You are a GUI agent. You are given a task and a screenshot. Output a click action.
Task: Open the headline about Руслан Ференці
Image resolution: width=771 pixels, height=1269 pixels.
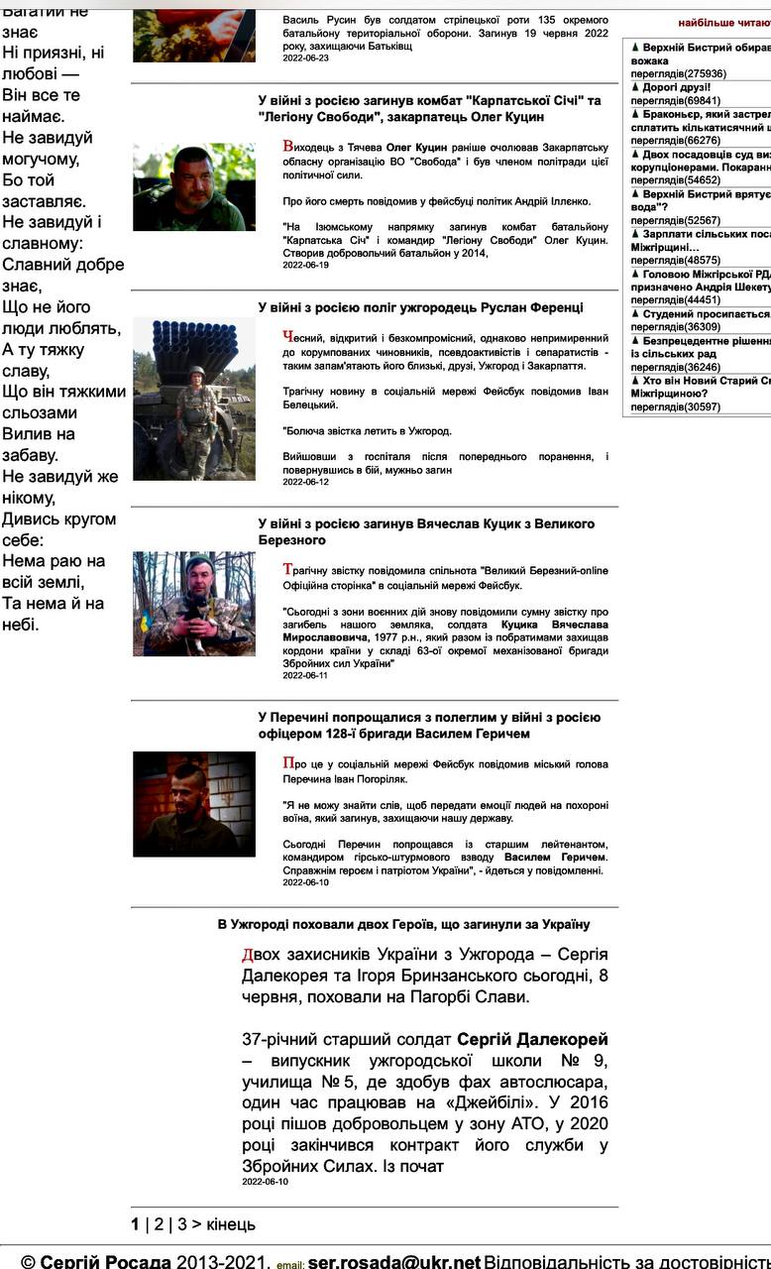coord(420,308)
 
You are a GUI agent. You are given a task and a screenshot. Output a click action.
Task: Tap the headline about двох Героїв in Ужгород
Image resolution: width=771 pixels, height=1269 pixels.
coord(403,924)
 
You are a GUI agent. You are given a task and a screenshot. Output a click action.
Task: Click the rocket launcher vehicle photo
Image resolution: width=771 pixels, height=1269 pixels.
coord(194,399)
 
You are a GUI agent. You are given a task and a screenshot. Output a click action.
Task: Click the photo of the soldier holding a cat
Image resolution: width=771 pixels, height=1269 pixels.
coord(194,603)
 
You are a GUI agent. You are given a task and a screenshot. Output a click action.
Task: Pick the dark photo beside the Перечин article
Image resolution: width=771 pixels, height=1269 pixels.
coord(194,804)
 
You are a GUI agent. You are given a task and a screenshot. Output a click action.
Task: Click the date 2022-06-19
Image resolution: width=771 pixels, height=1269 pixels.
coord(305,265)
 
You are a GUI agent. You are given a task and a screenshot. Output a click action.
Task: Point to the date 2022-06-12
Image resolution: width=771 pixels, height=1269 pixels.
coord(305,482)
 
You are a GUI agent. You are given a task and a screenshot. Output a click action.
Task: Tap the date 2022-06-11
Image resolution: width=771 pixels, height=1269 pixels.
coord(305,675)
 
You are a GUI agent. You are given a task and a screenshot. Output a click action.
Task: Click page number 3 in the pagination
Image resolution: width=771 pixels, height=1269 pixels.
coord(182,1223)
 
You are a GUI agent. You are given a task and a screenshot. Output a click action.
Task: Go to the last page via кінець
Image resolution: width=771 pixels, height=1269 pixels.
coord(231,1223)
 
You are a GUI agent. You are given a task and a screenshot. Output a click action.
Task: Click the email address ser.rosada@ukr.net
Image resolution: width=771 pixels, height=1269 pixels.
coord(393,1262)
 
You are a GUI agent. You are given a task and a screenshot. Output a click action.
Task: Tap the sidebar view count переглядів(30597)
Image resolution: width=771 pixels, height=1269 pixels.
coord(675,406)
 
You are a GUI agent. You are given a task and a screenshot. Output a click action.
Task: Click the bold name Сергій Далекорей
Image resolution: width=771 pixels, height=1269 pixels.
coord(532,1039)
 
